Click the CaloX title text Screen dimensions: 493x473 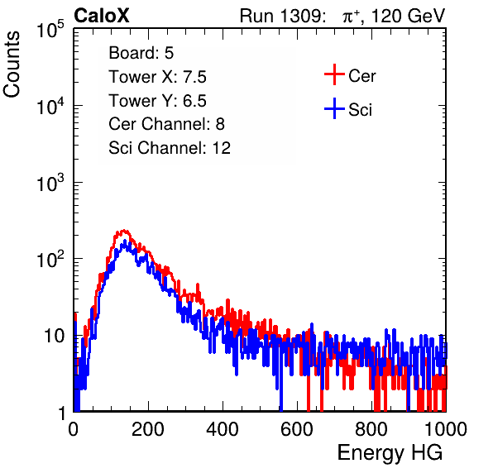tap(102, 16)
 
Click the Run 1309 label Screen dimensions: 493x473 tap(282, 16)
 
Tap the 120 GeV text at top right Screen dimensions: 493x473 tap(409, 16)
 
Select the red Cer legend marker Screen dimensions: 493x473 tap(334, 74)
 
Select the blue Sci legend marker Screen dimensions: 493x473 tap(334, 108)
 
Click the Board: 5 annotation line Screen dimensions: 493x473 tap(141, 53)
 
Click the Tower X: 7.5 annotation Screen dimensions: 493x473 tap(157, 77)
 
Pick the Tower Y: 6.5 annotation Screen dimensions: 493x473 tap(157, 101)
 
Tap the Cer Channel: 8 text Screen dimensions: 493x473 tap(166, 124)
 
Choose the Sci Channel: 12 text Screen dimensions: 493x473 tap(170, 148)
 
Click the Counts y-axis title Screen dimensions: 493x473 tap(12, 64)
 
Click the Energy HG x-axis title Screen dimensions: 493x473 tap(390, 453)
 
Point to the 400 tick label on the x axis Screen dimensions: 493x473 tap(223, 429)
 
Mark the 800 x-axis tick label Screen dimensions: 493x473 tap(371, 429)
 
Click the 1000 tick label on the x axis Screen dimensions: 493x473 tap(446, 429)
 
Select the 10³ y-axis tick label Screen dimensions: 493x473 tap(50, 182)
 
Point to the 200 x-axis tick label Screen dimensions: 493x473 tap(148, 429)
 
